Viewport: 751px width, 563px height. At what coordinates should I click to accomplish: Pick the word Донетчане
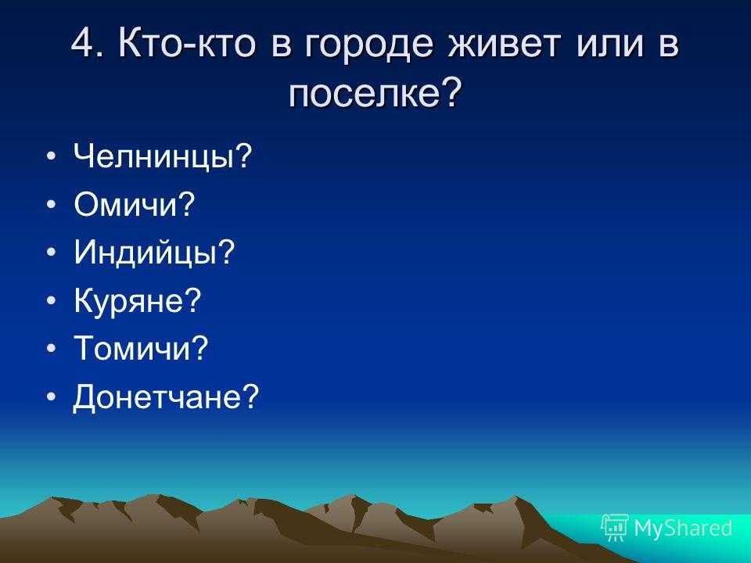point(156,397)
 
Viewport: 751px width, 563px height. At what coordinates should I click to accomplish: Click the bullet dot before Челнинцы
point(52,156)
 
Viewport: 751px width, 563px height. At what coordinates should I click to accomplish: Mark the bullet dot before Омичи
point(52,204)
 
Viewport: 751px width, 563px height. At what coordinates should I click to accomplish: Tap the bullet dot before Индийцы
point(52,252)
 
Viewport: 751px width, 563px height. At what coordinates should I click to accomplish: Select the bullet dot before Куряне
point(52,300)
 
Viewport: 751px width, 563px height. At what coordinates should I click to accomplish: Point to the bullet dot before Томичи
point(52,348)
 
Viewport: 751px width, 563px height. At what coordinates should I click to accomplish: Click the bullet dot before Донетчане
point(52,396)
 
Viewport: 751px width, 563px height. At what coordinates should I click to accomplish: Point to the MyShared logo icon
point(615,528)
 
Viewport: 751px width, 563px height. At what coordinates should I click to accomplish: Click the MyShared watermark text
point(683,529)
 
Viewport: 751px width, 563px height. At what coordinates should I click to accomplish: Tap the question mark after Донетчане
point(250,396)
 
